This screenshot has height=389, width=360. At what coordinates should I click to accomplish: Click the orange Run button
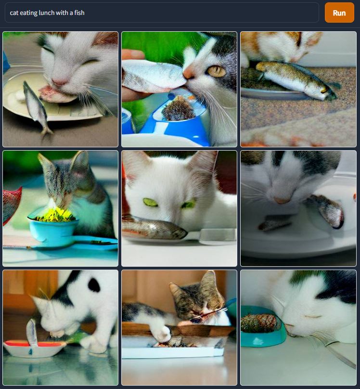[x=339, y=13]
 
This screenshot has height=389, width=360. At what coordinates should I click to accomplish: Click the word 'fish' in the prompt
[x=79, y=13]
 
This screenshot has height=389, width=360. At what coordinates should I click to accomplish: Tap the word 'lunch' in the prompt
[x=47, y=13]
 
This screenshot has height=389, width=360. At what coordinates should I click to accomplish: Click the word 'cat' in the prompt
[x=14, y=13]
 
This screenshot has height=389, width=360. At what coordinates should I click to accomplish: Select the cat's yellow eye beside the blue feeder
[x=216, y=71]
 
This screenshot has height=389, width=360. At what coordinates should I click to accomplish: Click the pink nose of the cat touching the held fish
[x=189, y=73]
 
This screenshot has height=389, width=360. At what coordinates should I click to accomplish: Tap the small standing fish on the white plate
[x=37, y=107]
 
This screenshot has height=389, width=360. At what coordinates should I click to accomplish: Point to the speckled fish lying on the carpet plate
[x=296, y=79]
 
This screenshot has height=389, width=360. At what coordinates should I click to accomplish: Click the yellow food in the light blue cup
[x=55, y=215]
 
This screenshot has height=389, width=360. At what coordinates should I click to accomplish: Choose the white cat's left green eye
[x=150, y=202]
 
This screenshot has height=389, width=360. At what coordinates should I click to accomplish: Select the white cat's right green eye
[x=189, y=205]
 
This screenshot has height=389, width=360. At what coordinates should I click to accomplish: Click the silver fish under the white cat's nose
[x=154, y=228]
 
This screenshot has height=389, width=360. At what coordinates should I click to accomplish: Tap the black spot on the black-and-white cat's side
[x=94, y=285]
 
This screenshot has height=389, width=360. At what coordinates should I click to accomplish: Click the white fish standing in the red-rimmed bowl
[x=32, y=333]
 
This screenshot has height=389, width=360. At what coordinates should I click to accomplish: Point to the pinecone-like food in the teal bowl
[x=258, y=323]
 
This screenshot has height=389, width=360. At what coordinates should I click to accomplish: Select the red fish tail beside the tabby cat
[x=12, y=206]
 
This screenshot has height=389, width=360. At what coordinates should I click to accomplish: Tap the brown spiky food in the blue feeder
[x=178, y=110]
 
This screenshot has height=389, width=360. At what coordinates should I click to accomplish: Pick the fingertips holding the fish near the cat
[x=130, y=54]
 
